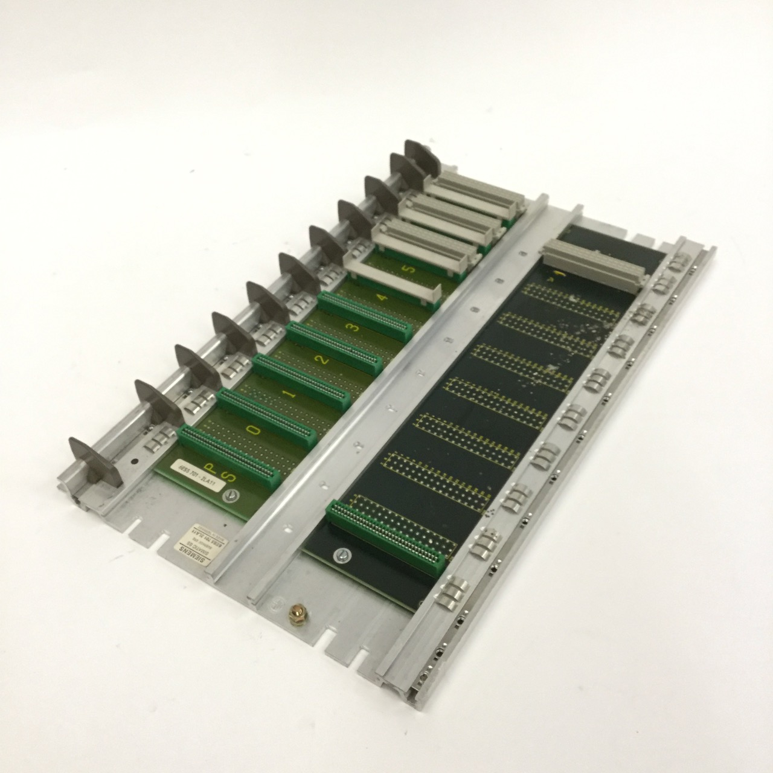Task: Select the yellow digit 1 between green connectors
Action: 289,396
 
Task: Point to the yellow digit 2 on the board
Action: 324,361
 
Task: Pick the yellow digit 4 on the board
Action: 384,298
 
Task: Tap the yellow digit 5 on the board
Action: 411,270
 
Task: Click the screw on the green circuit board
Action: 231,495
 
